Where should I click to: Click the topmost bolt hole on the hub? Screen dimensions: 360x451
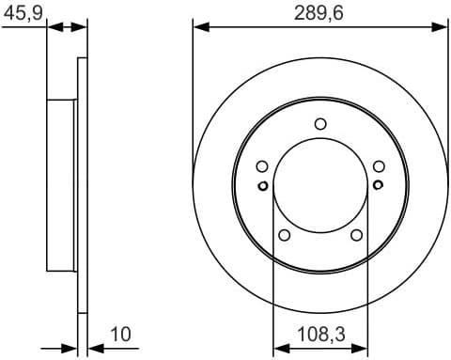point(320,123)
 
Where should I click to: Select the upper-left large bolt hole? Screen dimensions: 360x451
point(261,166)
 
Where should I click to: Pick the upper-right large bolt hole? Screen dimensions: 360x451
point(379,166)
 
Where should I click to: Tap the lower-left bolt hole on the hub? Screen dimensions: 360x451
point(284,235)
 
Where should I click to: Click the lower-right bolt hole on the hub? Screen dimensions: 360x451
point(356,235)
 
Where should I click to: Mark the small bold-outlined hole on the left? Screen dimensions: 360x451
point(263,185)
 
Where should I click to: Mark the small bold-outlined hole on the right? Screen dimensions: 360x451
point(377,185)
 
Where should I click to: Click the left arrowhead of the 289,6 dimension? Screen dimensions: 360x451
point(198,28)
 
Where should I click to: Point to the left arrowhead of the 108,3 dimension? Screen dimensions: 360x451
point(278,344)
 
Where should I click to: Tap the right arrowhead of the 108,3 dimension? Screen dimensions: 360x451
point(361,344)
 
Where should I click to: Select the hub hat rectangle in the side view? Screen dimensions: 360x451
point(61,184)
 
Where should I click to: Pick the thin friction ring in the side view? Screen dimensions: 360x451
point(82,184)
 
